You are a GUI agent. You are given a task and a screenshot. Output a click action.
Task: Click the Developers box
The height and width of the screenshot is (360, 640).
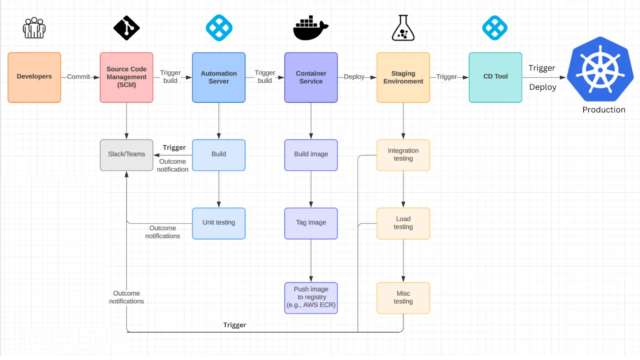[34, 77]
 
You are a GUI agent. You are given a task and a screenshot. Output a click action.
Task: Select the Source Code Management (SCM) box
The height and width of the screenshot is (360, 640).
[126, 77]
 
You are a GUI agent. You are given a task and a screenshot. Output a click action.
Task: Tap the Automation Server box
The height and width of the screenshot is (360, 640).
[219, 77]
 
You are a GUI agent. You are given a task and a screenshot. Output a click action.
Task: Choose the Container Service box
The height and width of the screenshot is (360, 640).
[311, 77]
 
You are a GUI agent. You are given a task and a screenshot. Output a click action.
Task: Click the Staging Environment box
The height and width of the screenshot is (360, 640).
[403, 77]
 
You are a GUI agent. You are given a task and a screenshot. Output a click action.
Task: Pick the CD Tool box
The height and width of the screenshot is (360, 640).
[495, 77]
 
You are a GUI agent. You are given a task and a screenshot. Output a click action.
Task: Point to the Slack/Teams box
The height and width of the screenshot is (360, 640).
[126, 155]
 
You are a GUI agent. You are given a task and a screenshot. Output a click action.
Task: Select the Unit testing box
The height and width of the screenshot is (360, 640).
[219, 223]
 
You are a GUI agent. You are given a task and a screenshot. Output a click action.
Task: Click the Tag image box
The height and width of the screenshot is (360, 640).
[311, 223]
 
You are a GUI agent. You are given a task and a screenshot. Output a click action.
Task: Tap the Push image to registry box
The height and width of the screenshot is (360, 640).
[311, 298]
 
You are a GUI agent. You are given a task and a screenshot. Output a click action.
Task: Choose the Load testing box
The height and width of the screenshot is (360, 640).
[403, 223]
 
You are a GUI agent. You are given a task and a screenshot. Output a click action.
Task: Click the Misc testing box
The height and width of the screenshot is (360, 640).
[403, 298]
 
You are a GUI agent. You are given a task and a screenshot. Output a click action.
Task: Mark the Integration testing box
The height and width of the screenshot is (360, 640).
[403, 155]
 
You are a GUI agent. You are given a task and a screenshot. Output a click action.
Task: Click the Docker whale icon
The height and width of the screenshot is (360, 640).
[310, 28]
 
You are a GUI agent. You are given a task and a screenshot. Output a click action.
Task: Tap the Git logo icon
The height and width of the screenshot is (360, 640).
[126, 28]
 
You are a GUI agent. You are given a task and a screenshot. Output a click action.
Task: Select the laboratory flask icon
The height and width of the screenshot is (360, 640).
[403, 28]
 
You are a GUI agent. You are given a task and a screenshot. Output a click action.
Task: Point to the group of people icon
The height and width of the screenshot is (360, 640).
[34, 28]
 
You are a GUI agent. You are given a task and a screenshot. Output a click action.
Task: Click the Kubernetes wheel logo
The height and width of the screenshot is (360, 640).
[600, 70]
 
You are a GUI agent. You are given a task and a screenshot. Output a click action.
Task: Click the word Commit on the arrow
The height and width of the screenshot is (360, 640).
[78, 77]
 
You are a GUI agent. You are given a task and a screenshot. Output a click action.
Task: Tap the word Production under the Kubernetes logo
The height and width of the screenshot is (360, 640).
[604, 110]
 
